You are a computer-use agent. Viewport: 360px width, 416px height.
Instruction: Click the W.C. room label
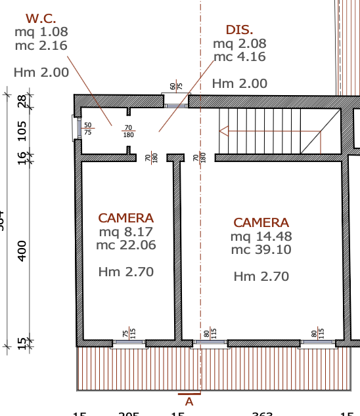(x=41, y=18)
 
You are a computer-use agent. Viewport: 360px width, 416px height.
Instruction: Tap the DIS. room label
(x=239, y=30)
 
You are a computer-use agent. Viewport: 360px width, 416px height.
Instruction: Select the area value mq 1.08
(x=41, y=31)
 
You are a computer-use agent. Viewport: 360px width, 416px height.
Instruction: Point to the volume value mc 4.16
(x=239, y=56)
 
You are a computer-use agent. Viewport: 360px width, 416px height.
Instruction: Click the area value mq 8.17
(x=125, y=232)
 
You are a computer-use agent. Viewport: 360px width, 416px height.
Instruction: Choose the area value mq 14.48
(x=261, y=236)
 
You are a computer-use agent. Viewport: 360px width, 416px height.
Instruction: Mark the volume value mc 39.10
(x=261, y=250)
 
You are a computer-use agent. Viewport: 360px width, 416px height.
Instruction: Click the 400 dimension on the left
(x=22, y=250)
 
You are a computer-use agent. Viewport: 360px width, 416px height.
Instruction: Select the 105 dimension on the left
(x=22, y=130)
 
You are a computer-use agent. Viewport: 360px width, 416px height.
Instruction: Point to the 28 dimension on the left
(x=22, y=101)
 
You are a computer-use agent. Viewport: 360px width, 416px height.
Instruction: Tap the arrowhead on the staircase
(x=223, y=131)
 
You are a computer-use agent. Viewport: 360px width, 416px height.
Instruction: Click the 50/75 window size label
(x=87, y=129)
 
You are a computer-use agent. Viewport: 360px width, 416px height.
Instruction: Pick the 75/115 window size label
(x=129, y=334)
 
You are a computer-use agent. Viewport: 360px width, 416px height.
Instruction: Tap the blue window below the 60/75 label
(x=175, y=105)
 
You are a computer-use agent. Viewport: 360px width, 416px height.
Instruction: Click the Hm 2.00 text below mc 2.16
(x=41, y=72)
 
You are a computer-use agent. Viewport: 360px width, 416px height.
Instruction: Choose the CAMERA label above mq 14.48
(x=261, y=223)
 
